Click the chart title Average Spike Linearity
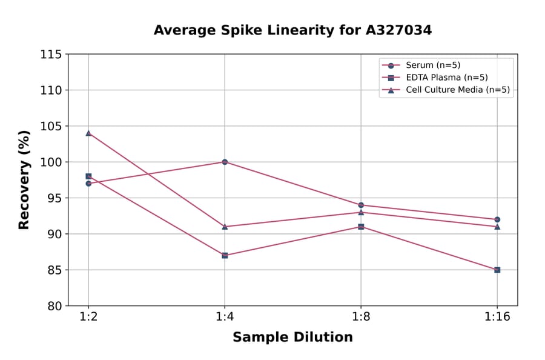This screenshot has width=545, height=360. coord(292,30)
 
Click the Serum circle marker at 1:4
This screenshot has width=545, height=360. coord(225,162)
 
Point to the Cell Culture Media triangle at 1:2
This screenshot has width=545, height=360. coord(88,133)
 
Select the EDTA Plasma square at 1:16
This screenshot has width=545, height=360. coord(497,270)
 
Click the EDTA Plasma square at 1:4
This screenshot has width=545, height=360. coord(225,255)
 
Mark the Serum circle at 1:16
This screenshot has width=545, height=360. coord(497,219)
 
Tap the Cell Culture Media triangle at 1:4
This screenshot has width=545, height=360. coord(225,227)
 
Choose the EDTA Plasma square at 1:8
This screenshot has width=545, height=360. coord(361,227)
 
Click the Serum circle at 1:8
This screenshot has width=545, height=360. coord(361,205)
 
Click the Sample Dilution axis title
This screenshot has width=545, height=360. coord(292,338)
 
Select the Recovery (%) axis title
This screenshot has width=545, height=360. coord(24,179)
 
